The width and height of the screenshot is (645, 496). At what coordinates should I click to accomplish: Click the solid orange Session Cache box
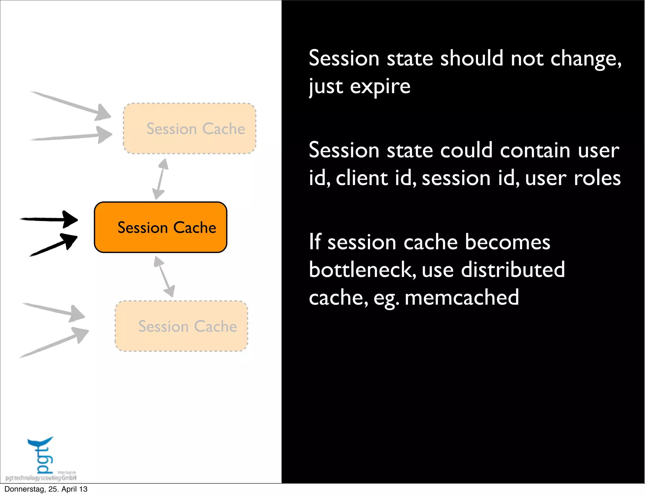[160, 227]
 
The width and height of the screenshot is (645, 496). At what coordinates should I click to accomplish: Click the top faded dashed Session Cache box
[189, 128]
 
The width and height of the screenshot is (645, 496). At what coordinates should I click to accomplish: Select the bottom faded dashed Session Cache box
[181, 326]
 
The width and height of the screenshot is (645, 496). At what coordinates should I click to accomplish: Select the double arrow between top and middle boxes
[160, 179]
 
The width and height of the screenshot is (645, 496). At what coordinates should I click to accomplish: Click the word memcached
[461, 297]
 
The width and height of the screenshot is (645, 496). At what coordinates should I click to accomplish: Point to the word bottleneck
[362, 270]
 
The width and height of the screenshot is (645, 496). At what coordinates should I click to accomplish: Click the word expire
[380, 87]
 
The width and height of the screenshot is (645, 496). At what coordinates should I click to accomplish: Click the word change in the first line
[585, 59]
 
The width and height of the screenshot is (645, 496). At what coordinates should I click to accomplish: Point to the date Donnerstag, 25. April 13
[46, 489]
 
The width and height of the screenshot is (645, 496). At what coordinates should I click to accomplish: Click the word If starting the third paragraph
[315, 242]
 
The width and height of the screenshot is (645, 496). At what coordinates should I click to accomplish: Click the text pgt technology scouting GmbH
[41, 478]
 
